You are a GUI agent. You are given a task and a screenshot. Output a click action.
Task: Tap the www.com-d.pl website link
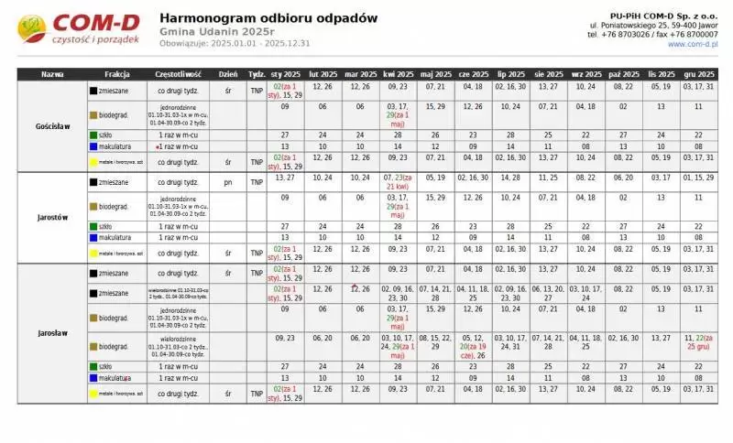pyautogui.click(x=693, y=44)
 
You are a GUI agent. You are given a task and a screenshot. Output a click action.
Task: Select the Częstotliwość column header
pyautogui.click(x=179, y=74)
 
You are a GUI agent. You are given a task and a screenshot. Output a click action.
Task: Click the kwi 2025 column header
pyautogui.click(x=398, y=74)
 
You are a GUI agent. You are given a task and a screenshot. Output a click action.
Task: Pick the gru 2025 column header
pyautogui.click(x=698, y=74)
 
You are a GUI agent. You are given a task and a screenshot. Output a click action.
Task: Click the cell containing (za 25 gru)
pyautogui.click(x=698, y=342)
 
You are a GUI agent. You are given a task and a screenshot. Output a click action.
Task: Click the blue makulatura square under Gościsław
pyautogui.click(x=93, y=146)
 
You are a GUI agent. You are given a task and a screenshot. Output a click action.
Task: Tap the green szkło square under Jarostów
pyautogui.click(x=93, y=225)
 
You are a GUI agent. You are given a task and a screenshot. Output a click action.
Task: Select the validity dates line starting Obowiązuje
pyautogui.click(x=235, y=43)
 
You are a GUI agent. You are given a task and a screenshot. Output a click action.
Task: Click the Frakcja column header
pyautogui.click(x=117, y=74)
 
